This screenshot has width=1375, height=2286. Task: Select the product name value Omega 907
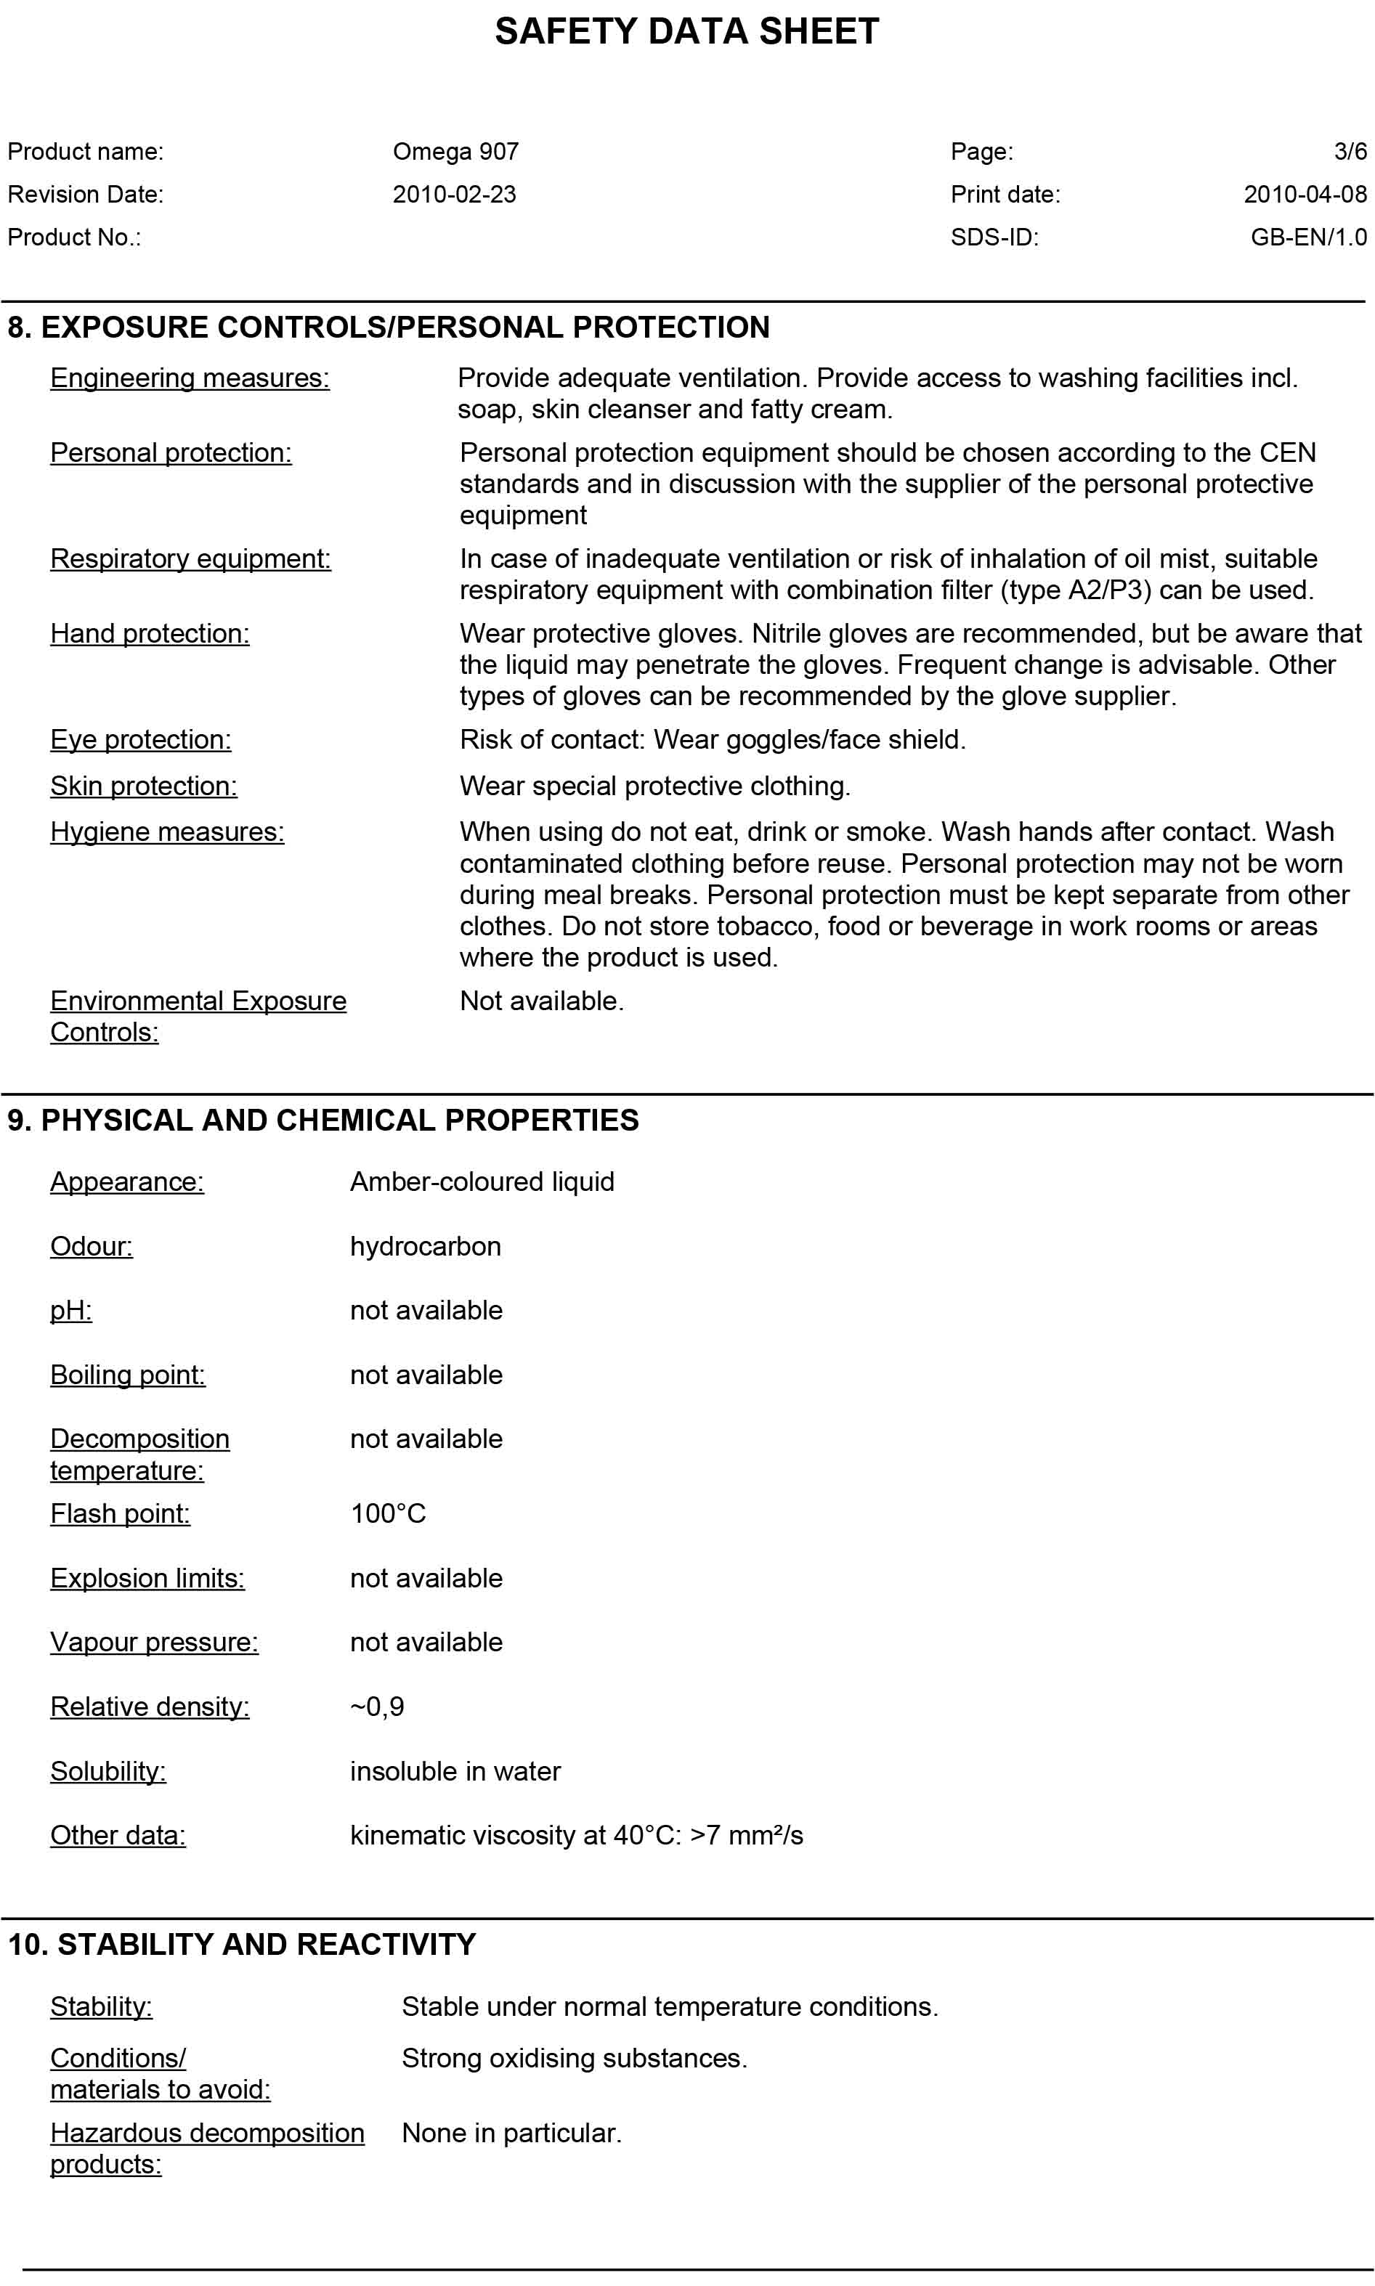click(455, 152)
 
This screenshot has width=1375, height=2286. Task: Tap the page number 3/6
click(1349, 152)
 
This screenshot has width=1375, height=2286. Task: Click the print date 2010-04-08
click(1305, 195)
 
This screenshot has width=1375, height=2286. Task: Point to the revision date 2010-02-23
click(454, 195)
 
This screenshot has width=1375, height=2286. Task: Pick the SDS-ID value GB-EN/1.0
click(1307, 237)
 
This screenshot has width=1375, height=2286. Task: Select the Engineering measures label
click(190, 378)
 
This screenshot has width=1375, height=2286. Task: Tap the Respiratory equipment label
click(190, 559)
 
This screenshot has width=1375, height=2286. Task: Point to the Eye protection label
click(141, 740)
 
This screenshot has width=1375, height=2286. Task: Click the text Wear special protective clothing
click(655, 786)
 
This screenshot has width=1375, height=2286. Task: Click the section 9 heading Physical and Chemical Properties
click(323, 1120)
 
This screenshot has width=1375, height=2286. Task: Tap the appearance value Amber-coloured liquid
click(482, 1182)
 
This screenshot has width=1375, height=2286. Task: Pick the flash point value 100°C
click(387, 1513)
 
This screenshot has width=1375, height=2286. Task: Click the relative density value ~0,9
click(377, 1707)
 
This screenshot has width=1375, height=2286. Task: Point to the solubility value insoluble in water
click(455, 1771)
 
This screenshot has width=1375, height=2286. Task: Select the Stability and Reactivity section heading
click(242, 1944)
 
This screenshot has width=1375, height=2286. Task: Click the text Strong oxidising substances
click(574, 2058)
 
